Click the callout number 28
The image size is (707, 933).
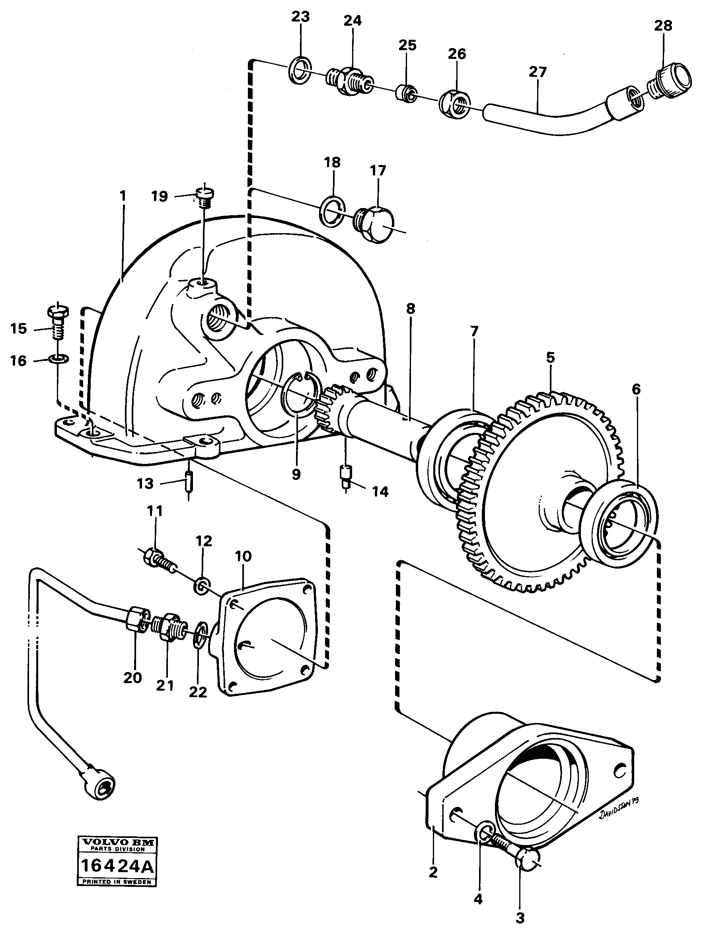coord(663,26)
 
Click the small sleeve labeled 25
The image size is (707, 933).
coord(406,92)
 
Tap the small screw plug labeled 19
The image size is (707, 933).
coord(205,197)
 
